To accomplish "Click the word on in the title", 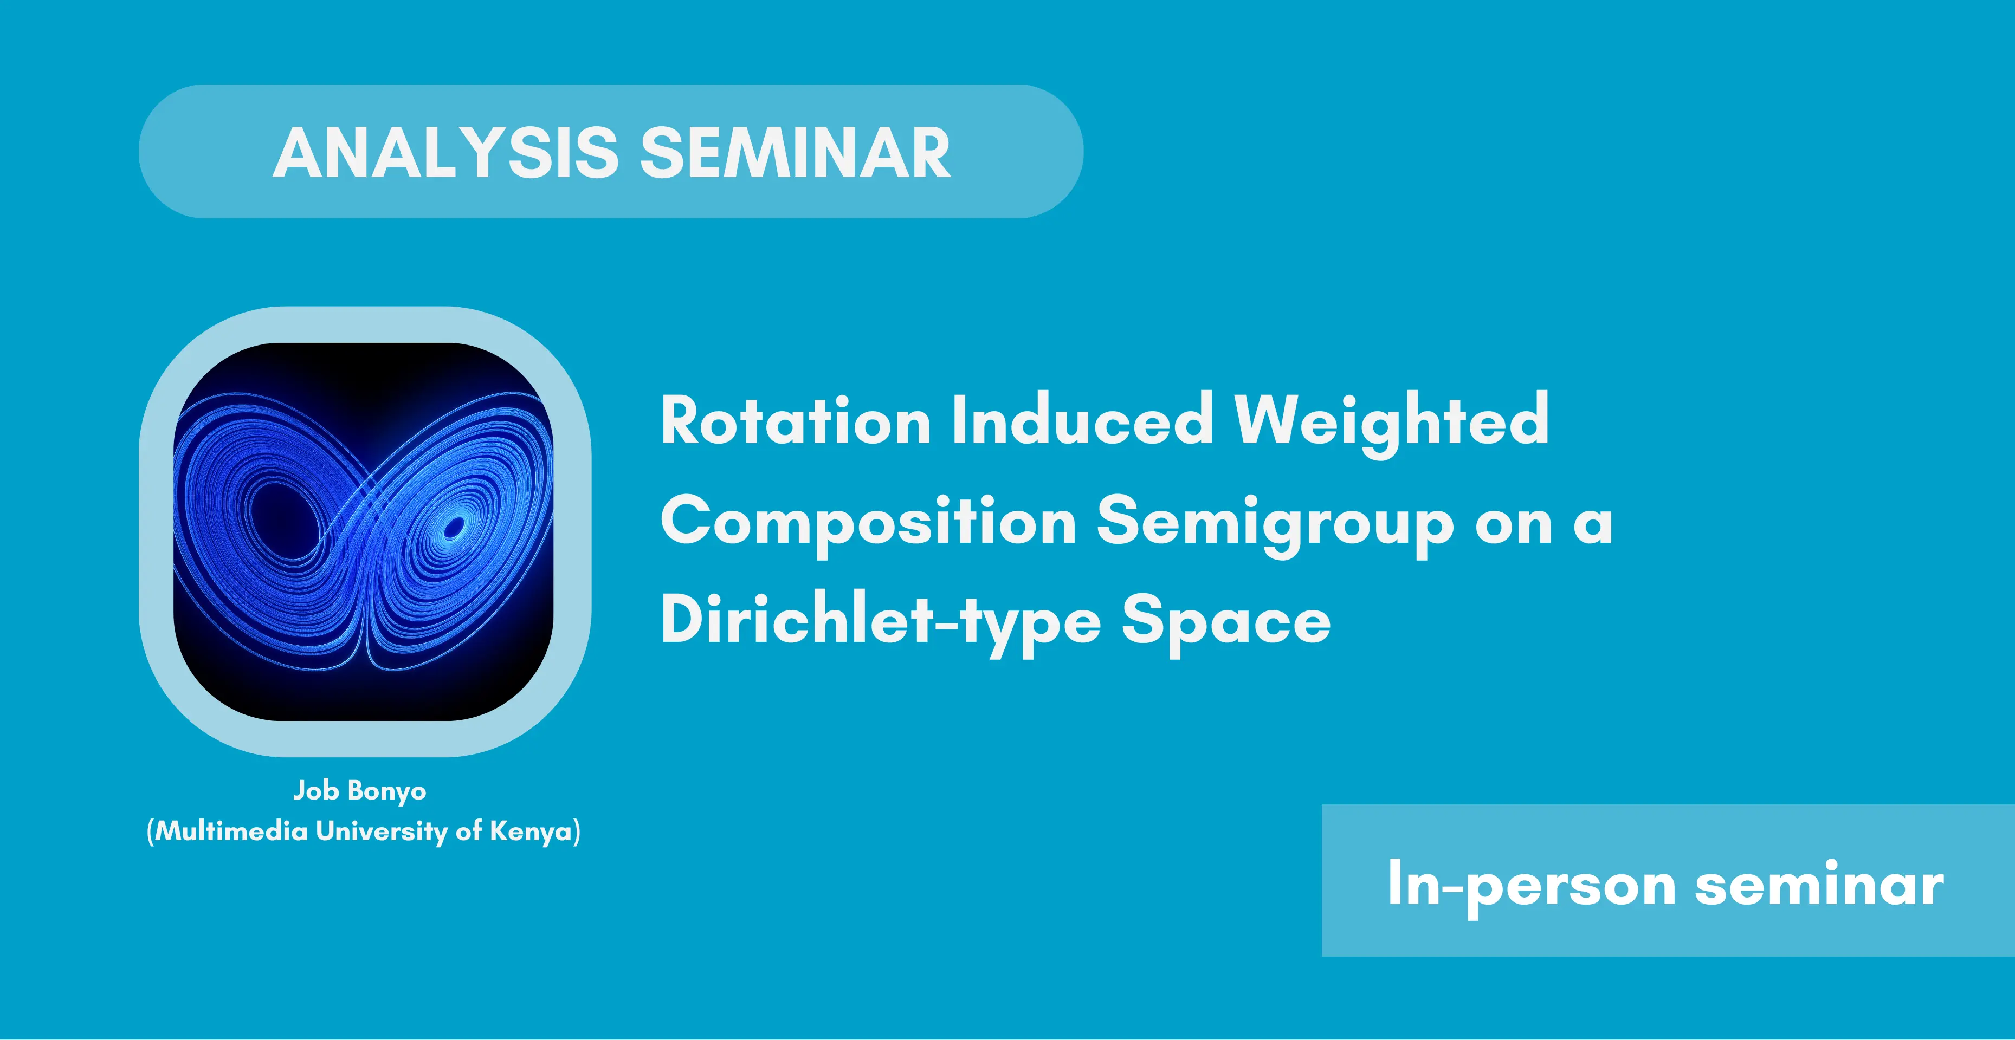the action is click(1514, 524).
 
